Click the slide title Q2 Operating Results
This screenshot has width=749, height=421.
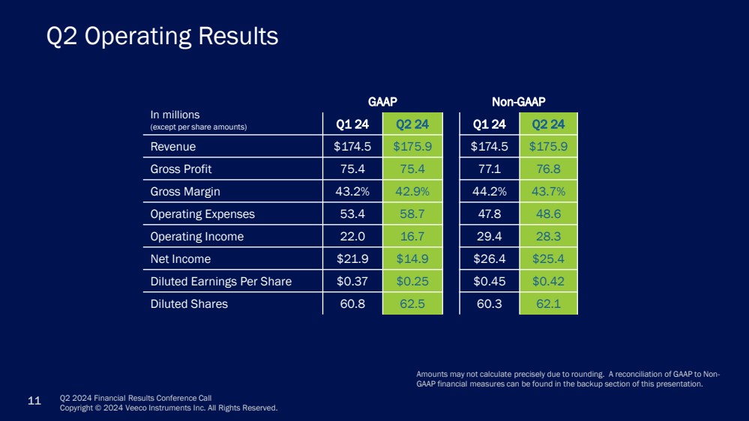(162, 36)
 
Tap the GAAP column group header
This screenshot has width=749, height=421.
(382, 101)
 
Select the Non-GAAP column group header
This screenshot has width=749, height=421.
(518, 101)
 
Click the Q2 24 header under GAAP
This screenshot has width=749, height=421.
(412, 124)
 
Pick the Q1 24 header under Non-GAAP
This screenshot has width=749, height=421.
(488, 124)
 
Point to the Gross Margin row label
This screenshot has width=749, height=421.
(185, 192)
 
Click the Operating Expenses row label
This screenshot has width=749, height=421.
(202, 214)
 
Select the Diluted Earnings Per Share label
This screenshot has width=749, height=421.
(220, 282)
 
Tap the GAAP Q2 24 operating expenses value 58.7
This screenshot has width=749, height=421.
(412, 214)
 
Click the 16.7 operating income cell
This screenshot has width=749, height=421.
(412, 237)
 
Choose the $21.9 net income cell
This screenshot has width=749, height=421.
(352, 259)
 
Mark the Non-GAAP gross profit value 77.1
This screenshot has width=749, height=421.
(488, 169)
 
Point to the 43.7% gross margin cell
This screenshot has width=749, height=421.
(548, 192)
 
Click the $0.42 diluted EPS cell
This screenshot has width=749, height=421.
(548, 282)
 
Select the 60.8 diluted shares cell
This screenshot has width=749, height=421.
(352, 304)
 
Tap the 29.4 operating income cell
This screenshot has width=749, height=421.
(488, 237)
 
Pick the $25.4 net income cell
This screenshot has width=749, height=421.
(548, 259)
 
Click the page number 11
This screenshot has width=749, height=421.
(34, 402)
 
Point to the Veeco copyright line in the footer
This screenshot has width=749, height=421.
(168, 408)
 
